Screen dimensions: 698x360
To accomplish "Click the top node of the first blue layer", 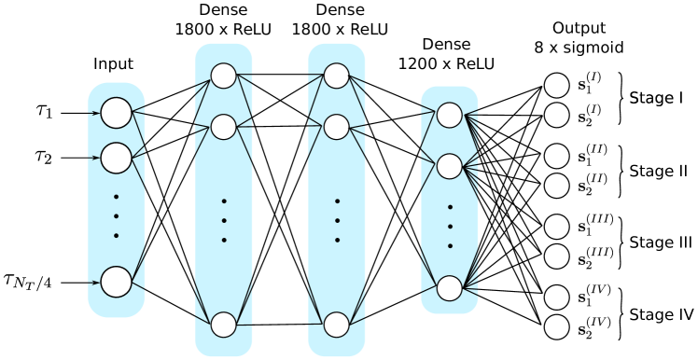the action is click(x=117, y=113).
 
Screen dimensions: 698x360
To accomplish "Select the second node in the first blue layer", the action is click(x=117, y=158).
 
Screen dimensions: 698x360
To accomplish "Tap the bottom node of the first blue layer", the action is click(x=117, y=282).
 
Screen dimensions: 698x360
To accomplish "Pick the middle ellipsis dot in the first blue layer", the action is click(x=117, y=215).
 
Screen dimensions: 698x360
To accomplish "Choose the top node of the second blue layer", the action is click(x=224, y=76).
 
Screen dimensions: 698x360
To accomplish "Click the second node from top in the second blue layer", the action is click(x=224, y=127).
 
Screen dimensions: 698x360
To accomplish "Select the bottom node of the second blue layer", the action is click(x=224, y=325).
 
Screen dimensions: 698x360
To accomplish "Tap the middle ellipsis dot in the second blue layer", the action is click(x=224, y=221).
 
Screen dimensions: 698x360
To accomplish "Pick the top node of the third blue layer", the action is click(x=337, y=76).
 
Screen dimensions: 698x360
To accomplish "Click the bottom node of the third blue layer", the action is click(x=337, y=325).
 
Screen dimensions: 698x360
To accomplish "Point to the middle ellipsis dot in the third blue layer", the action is click(x=337, y=221).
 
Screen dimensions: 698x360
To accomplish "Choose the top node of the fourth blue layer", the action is click(x=450, y=115).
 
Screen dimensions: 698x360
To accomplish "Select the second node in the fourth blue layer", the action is click(x=450, y=166).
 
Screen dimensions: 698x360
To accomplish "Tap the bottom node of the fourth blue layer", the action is click(x=450, y=288).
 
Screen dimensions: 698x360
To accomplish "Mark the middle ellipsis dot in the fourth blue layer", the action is click(x=450, y=227).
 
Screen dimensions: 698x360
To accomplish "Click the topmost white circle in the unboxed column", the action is click(x=557, y=85).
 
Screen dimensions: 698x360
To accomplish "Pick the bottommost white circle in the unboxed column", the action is click(x=557, y=327).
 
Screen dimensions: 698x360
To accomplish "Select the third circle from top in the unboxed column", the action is click(x=557, y=156).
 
